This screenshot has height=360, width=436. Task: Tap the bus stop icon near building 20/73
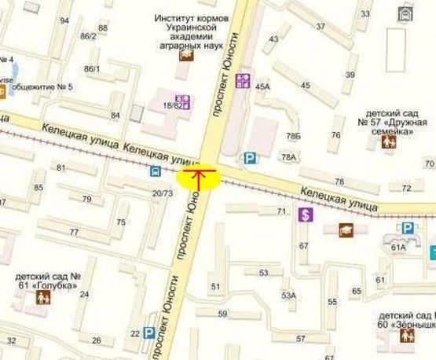point(155,171)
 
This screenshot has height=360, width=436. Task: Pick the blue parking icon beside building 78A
point(250,159)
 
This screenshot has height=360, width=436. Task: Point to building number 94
point(64,20)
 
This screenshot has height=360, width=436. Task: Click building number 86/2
point(88,36)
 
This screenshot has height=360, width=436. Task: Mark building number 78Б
point(293,136)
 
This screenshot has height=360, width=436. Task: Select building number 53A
point(288,296)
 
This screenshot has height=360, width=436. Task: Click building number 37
point(321,26)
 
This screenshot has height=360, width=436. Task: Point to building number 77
point(74,232)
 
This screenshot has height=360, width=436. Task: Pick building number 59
point(222,314)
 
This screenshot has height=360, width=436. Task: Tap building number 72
point(406,188)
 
